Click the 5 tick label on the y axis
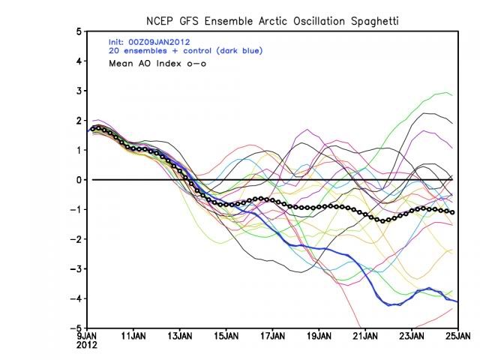coord(79,31)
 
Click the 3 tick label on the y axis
coord(79,91)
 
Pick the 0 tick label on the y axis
coord(79,180)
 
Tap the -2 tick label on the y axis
coord(76,239)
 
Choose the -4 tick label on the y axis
coord(76,298)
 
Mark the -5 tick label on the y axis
coord(76,328)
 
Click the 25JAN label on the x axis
coord(457,337)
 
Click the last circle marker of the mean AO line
coord(452,212)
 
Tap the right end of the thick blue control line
coord(457,301)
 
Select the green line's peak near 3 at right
coord(448,93)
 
